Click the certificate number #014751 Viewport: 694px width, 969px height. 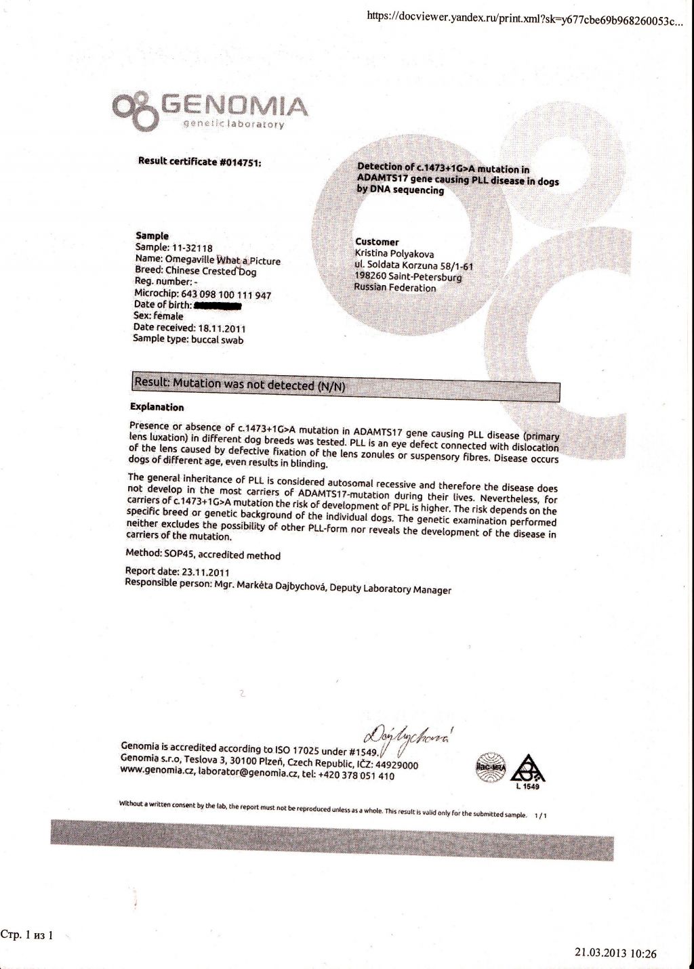point(241,163)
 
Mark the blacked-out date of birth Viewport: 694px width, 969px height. point(218,306)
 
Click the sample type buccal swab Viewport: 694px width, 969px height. point(217,340)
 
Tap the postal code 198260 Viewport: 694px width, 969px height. point(370,276)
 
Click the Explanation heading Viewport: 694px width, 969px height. point(157,407)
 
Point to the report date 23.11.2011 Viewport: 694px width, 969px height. point(206,573)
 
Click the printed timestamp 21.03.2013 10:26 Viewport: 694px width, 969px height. point(615,953)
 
